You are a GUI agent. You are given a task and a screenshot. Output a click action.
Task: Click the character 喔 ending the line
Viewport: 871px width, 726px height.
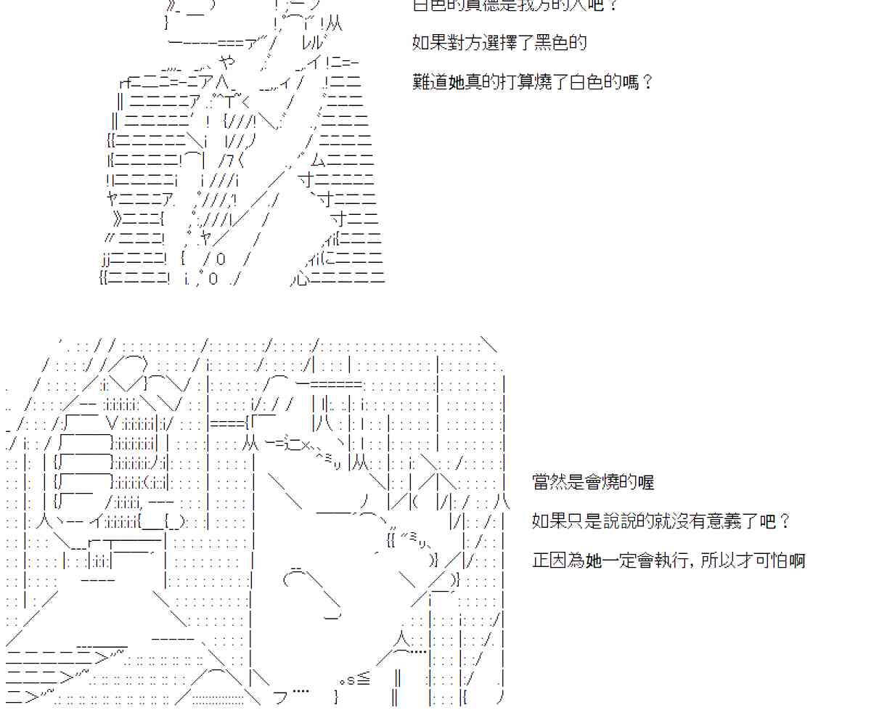(646, 481)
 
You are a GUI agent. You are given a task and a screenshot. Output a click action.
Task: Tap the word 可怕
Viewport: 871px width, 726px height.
(772, 560)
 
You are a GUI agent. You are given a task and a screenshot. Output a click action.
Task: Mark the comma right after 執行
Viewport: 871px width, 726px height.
(695, 563)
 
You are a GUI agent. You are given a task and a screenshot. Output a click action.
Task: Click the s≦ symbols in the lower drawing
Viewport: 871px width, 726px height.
(354, 680)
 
